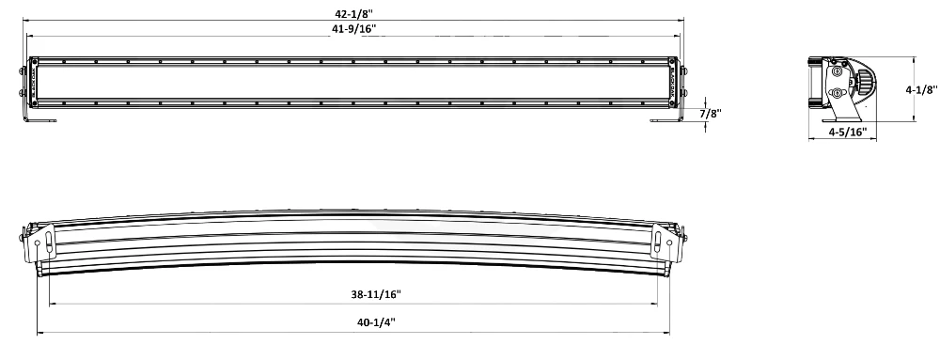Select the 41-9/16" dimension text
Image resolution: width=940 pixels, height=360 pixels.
point(353,30)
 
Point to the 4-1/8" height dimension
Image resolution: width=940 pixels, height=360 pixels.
point(918,90)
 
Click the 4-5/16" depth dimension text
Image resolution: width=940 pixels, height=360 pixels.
point(846,133)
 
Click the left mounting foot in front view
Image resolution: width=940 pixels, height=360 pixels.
point(43,117)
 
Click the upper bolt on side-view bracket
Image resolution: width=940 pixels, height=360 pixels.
point(836,71)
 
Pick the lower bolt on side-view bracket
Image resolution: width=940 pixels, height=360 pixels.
point(836,93)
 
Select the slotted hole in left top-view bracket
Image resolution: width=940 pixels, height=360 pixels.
point(39,243)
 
